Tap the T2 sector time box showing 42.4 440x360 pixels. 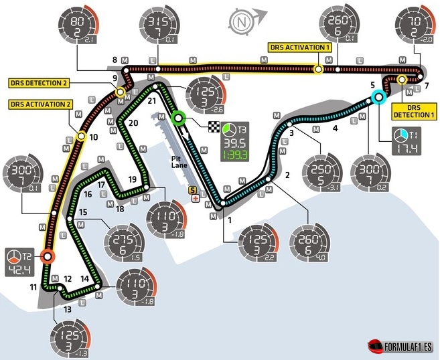[x=23, y=261]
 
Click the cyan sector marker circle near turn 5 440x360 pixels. [x=378, y=98]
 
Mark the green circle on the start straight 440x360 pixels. [x=179, y=120]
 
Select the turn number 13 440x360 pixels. [x=66, y=309]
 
